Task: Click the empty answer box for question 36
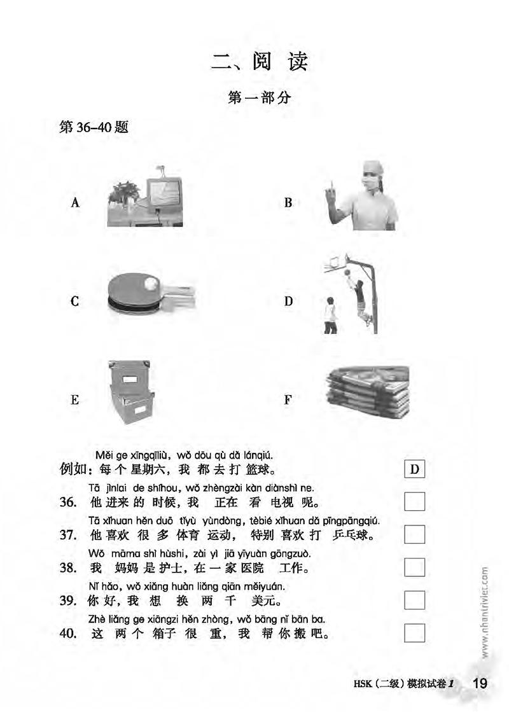(x=415, y=502)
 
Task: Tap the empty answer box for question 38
(x=415, y=567)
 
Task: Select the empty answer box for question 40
(x=415, y=633)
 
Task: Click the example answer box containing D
(x=415, y=469)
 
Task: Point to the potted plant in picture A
(x=124, y=194)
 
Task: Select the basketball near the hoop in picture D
(x=348, y=273)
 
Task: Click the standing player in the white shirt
(x=330, y=316)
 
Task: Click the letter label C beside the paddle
(x=75, y=302)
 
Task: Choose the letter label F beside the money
(x=288, y=400)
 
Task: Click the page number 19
(x=480, y=683)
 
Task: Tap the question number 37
(x=68, y=535)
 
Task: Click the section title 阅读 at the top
(x=280, y=61)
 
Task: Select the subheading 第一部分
(x=260, y=97)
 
